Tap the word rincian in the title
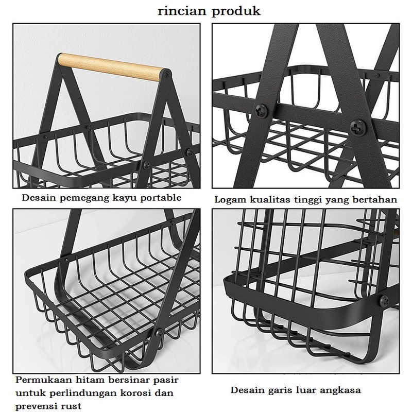pyautogui.click(x=179, y=11)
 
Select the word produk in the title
pyautogui.click(x=234, y=12)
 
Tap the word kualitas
pyautogui.click(x=268, y=200)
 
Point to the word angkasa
pyautogui.click(x=342, y=390)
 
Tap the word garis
pyautogui.click(x=280, y=390)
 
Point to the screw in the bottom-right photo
pyautogui.click(x=383, y=299)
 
